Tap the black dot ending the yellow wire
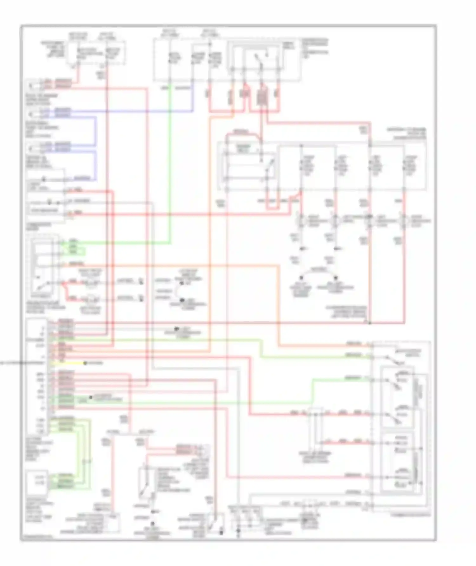(x=85, y=363)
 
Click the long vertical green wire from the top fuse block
(x=170, y=159)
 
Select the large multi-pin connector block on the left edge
(x=37, y=376)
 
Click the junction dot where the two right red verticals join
(x=370, y=323)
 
